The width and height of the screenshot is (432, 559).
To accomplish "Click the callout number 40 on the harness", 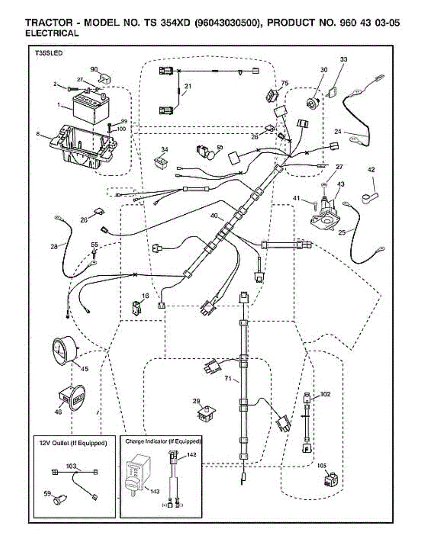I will coord(214,216).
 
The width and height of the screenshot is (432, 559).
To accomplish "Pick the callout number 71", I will coord(228,379).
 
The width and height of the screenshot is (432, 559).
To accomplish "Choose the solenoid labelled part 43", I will coord(326,212).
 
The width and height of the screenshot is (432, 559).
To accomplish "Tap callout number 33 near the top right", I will coord(343,60).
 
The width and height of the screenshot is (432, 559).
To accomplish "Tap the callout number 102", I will coord(325,394).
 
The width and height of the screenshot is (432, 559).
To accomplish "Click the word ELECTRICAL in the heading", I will coord(52,34).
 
